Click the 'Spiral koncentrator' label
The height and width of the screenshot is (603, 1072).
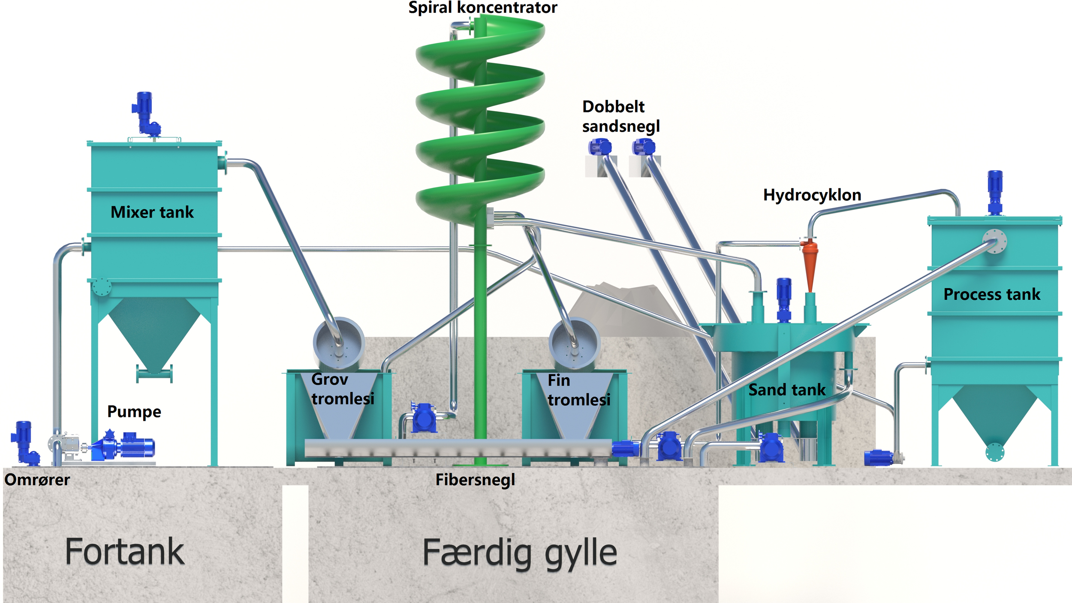tap(482, 7)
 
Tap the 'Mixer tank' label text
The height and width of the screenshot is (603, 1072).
tap(152, 212)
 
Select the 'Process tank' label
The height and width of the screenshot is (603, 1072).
tap(992, 294)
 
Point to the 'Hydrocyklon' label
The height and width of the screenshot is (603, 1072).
tap(812, 195)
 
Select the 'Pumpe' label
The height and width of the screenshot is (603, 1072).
tap(134, 412)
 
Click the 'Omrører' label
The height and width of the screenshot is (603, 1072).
tap(37, 479)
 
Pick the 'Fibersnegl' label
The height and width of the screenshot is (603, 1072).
tap(475, 479)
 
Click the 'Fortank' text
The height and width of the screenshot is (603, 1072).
tap(124, 552)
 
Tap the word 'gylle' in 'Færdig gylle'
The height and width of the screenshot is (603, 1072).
tap(581, 553)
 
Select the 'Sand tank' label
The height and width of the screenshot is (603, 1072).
tap(787, 390)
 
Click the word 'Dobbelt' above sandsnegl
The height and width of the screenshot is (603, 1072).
tap(613, 106)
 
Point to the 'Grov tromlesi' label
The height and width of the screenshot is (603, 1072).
tap(342, 389)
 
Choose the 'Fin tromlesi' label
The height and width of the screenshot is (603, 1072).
tap(579, 390)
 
